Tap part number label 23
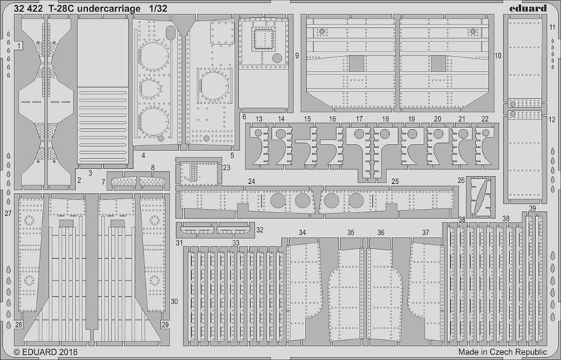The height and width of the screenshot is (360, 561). click(x=226, y=167)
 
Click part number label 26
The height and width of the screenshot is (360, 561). click(x=461, y=180)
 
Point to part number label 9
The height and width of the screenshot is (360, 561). click(x=296, y=55)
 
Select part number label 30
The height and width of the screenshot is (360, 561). click(x=497, y=55)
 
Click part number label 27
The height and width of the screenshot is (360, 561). click(x=8, y=213)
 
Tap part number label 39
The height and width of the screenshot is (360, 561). click(x=532, y=208)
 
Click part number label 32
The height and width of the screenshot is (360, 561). click(x=260, y=230)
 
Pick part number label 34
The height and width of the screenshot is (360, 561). click(x=303, y=233)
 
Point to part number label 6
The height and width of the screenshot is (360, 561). click(x=244, y=116)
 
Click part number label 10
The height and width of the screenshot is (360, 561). click(x=497, y=55)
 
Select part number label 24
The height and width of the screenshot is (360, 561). click(x=251, y=182)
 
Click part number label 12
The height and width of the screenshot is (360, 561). click(x=552, y=120)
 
